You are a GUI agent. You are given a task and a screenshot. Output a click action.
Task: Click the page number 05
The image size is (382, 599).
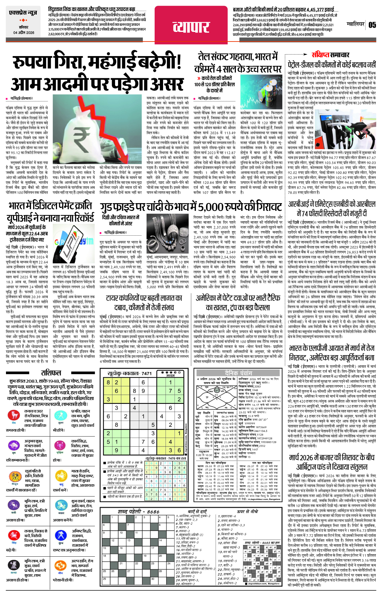(372, 25)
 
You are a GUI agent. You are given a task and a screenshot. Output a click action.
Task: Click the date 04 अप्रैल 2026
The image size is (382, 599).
(24, 33)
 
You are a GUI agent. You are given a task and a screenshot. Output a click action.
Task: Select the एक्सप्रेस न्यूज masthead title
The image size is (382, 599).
(23, 13)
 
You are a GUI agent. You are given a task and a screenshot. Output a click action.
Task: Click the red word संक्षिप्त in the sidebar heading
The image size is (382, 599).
(320, 55)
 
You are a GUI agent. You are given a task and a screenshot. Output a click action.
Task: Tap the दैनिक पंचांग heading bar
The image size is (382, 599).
(238, 373)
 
